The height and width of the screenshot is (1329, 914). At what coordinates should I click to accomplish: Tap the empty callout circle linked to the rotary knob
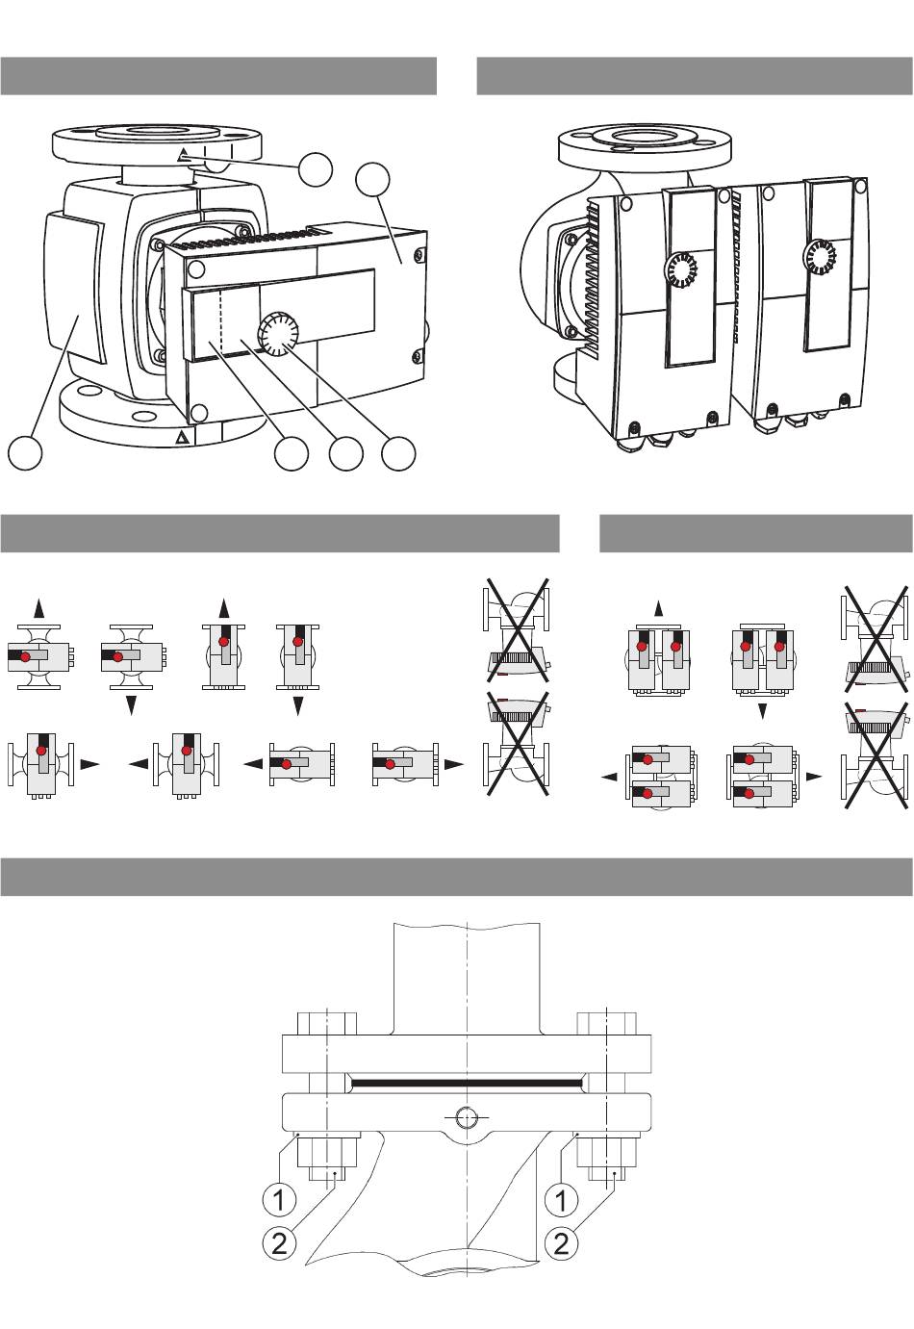398,453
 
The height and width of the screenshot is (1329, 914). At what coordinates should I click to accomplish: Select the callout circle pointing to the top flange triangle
315,169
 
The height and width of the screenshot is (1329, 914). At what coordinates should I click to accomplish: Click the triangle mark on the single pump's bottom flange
183,438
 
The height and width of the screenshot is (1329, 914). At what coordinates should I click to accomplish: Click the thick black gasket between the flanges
467,1084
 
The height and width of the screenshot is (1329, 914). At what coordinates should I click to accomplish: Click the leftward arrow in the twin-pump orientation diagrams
609,776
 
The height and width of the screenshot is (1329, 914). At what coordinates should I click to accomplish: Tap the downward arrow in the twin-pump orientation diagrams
763,711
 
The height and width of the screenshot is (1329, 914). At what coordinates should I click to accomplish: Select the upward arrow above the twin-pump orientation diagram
658,609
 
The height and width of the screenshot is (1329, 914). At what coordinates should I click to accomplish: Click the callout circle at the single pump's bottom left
25,453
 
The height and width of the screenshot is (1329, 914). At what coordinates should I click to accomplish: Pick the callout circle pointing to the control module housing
372,179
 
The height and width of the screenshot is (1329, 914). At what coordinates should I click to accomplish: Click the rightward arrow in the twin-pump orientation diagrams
814,776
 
